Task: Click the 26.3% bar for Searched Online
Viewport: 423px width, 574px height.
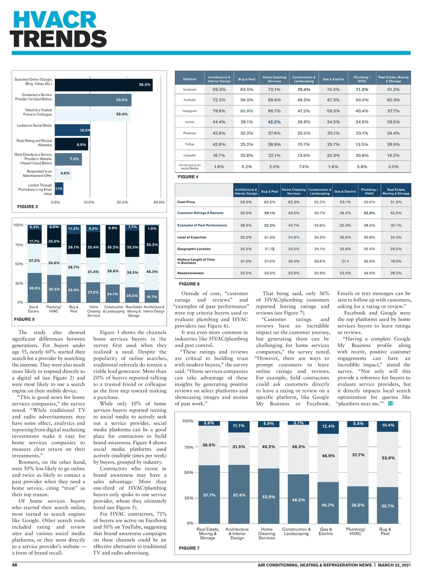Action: (x=104, y=85)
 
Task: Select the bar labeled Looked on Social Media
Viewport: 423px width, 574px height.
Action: (x=73, y=130)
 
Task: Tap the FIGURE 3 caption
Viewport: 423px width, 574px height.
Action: (x=27, y=207)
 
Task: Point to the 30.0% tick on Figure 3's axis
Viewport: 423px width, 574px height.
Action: (x=159, y=202)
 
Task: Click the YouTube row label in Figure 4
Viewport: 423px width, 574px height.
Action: (x=190, y=100)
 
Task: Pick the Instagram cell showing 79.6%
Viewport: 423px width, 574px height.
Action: (x=219, y=111)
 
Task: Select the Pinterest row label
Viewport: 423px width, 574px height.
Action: (x=190, y=133)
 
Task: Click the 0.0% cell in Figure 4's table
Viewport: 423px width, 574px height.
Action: (x=393, y=167)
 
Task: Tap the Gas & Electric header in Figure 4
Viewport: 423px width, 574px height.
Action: (x=333, y=79)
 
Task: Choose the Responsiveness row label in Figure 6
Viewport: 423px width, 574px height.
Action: (x=190, y=273)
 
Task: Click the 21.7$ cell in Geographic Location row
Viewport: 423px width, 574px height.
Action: (x=270, y=249)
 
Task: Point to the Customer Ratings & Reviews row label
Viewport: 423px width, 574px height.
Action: (x=200, y=213)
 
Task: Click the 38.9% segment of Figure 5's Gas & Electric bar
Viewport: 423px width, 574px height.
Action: (x=35, y=288)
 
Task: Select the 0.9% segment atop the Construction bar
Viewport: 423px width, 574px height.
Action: (x=113, y=228)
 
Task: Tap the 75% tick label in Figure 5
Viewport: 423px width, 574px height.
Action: (x=19, y=245)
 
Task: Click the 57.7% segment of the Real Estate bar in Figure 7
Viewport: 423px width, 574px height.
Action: (x=209, y=495)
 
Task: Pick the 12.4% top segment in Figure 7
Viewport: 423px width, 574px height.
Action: (x=328, y=426)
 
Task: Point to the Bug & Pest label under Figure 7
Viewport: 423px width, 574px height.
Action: (x=385, y=531)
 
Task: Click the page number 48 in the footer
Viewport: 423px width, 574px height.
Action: (x=14, y=565)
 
